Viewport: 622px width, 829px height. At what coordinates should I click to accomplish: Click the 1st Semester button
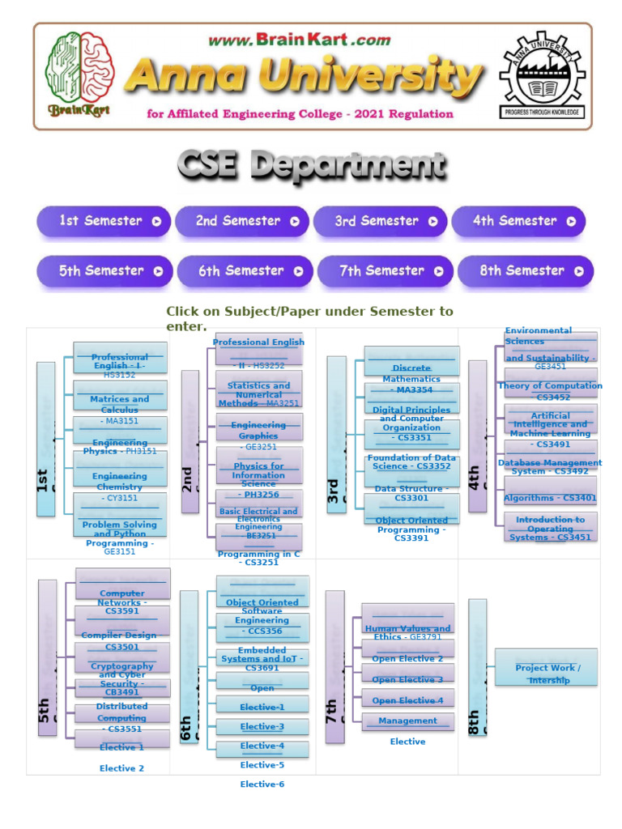click(x=103, y=221)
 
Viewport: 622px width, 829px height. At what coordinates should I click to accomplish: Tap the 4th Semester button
click(x=518, y=221)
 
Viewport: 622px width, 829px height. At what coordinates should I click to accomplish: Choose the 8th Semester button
click(x=525, y=271)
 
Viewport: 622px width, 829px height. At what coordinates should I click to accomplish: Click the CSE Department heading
click(x=311, y=168)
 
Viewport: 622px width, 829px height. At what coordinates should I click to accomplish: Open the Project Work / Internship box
click(x=548, y=674)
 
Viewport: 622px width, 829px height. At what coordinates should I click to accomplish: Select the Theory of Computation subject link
click(x=550, y=391)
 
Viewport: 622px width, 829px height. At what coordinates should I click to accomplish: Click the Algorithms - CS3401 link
click(x=550, y=498)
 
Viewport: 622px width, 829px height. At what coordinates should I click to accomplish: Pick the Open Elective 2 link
click(x=407, y=659)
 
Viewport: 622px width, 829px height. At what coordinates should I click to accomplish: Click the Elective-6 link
click(x=262, y=784)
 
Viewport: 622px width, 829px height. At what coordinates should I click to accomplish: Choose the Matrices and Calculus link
click(x=119, y=404)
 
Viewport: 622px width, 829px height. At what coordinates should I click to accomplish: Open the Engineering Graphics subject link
click(x=258, y=430)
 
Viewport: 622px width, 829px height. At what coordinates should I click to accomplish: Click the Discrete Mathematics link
click(x=411, y=373)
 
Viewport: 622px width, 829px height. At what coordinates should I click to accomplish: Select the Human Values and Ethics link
click(x=407, y=632)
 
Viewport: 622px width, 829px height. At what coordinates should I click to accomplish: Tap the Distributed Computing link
click(x=121, y=712)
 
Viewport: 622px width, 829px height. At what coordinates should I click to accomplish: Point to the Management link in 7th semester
click(x=407, y=721)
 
